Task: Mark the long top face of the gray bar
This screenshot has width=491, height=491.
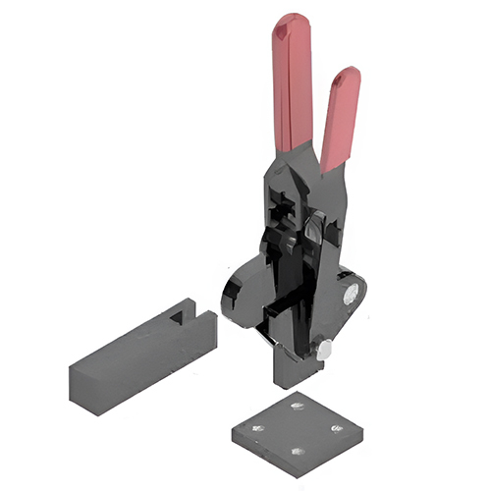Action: [x=137, y=339]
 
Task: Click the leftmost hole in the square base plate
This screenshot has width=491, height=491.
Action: [x=258, y=428]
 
